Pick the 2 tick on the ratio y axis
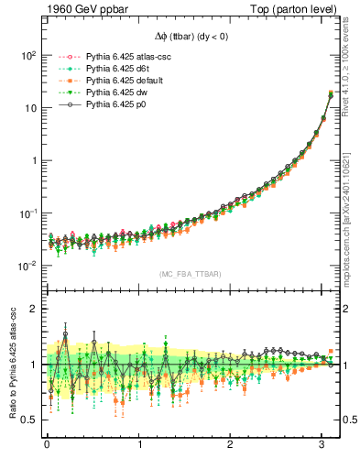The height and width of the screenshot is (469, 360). pos(32,309)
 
